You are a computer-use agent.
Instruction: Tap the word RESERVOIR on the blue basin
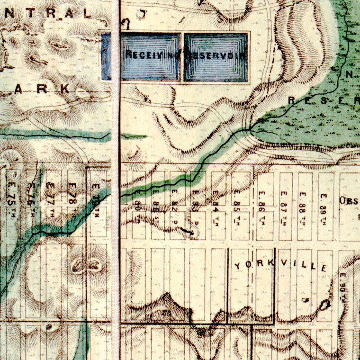coord(216,55)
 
